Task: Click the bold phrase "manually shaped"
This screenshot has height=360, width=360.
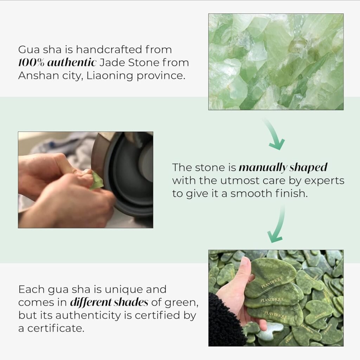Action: pos(283,168)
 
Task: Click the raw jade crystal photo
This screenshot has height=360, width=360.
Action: pos(276,62)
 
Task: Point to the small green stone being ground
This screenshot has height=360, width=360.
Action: pos(96,181)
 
